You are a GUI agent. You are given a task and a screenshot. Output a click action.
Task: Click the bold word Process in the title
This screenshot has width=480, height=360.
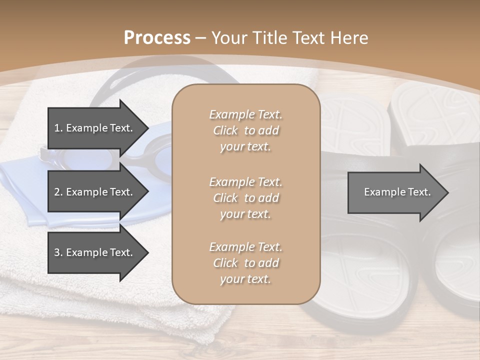157,38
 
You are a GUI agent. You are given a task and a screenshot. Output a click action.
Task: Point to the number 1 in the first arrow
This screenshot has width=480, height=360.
57,128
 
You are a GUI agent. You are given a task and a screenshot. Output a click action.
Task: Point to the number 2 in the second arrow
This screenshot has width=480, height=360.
57,192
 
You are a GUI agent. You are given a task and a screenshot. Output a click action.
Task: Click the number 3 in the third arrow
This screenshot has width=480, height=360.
57,252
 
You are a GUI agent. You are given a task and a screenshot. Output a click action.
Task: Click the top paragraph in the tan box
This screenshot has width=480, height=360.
245,130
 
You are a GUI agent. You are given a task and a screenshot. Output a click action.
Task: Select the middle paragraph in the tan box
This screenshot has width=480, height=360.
245,198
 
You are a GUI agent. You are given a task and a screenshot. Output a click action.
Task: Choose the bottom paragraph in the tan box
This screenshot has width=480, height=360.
245,263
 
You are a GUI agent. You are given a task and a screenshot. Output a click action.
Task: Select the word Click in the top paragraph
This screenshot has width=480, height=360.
225,130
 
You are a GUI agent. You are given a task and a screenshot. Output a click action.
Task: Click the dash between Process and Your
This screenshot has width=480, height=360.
201,38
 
